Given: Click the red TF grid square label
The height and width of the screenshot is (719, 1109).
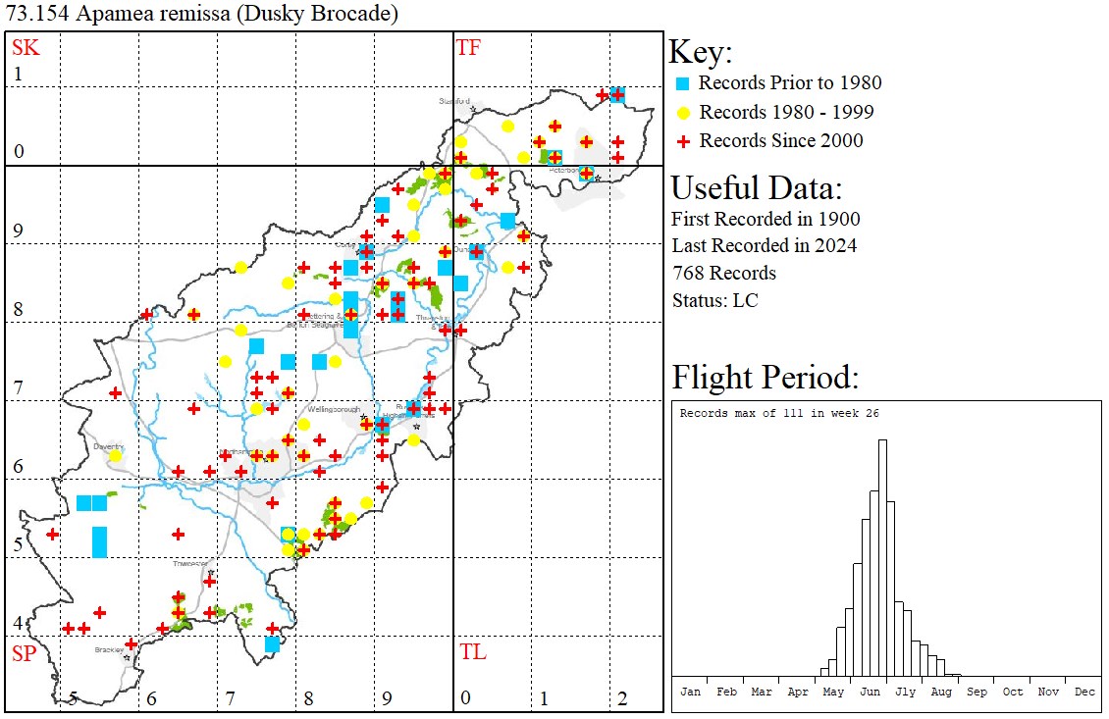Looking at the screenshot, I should [x=468, y=46].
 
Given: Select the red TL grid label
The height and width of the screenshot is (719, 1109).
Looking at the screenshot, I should [x=472, y=652].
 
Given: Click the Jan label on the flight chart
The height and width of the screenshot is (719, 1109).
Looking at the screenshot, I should [x=691, y=692].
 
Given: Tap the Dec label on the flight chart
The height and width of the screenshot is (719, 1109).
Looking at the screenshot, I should [x=1084, y=692].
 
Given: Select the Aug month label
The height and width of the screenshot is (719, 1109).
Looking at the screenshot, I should [x=941, y=692].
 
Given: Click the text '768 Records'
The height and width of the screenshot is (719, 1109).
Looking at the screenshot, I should [x=723, y=273].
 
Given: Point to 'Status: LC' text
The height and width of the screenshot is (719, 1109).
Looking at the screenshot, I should [x=714, y=300].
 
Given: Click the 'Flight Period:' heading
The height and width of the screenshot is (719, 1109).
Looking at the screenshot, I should [x=765, y=378].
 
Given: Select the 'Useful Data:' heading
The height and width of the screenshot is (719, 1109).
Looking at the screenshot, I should [x=756, y=188].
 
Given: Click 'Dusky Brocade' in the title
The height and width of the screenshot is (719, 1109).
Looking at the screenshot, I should [x=315, y=15].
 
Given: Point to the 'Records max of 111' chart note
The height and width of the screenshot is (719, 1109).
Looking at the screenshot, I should [x=778, y=413].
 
